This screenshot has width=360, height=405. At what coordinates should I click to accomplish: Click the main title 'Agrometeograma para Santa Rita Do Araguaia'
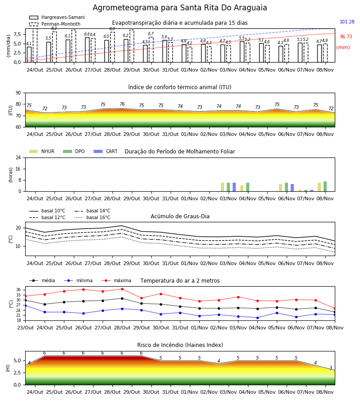[x=180, y=8]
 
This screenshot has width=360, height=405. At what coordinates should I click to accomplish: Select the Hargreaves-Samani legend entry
[x=57, y=17]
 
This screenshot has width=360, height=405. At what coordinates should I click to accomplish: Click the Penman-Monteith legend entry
[x=55, y=24]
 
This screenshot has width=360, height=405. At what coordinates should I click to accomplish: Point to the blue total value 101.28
[x=347, y=22]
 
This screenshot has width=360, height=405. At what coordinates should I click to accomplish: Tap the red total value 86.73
[x=346, y=37]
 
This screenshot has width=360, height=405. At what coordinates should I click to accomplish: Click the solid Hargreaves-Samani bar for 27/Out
[x=87, y=50]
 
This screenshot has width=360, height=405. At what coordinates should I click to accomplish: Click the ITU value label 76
[x=122, y=104]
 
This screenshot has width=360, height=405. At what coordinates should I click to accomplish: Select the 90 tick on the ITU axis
[x=18, y=93]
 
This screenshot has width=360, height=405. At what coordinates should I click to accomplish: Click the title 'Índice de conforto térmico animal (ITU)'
[x=180, y=87]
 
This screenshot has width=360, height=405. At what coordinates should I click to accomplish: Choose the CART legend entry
[x=106, y=151]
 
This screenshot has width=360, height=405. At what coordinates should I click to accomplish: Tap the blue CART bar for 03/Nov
[x=234, y=187]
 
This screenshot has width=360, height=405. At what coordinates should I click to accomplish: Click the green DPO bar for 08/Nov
[x=325, y=186]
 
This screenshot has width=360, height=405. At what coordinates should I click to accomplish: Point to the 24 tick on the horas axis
[x=18, y=158]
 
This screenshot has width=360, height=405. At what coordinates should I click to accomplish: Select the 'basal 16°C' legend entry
[x=92, y=217]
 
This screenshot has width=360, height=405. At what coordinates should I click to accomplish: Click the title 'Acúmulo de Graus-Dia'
[x=180, y=216]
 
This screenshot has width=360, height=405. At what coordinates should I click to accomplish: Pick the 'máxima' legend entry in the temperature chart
[x=116, y=280]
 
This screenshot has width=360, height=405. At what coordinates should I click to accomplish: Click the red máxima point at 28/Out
[x=122, y=289]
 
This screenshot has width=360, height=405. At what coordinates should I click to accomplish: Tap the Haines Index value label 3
[x=331, y=368]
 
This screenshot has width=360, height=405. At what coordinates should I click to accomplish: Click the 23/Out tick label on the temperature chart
[x=25, y=328]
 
